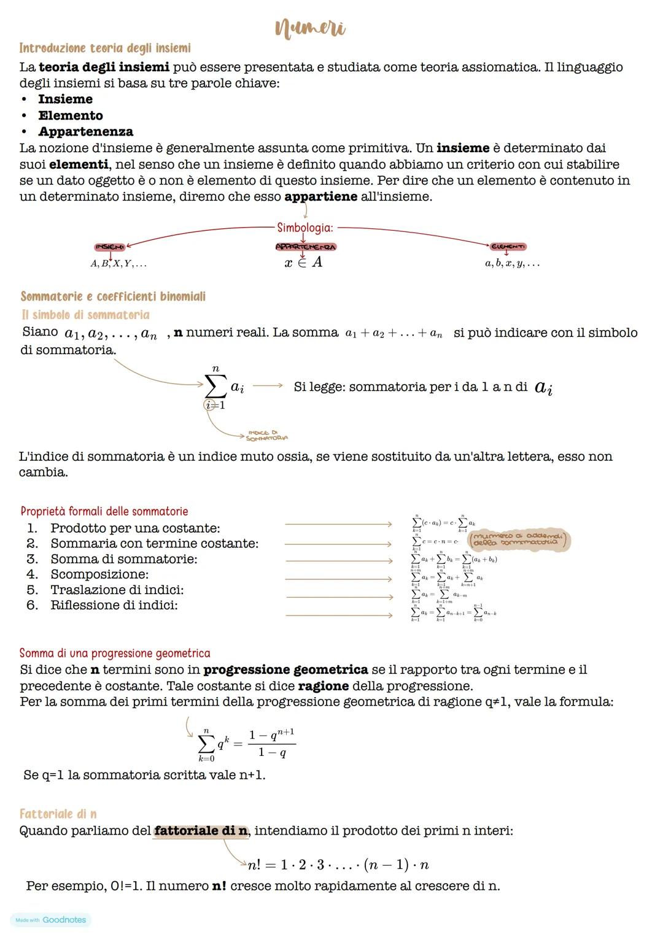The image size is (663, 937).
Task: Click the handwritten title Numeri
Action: tap(310, 28)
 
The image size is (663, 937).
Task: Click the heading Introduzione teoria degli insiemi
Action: tap(105, 48)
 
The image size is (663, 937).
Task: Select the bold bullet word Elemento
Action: tap(70, 115)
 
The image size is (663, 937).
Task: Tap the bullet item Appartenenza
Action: tap(85, 131)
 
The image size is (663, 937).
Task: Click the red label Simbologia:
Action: tap(305, 228)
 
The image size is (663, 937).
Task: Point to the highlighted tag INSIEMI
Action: tap(109, 247)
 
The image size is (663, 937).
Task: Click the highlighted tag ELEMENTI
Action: tap(508, 247)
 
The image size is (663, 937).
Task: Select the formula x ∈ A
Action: tap(303, 263)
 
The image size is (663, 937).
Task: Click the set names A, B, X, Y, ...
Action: tap(118, 264)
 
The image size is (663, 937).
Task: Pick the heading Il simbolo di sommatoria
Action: tap(85, 315)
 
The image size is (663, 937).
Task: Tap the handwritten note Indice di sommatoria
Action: tap(266, 436)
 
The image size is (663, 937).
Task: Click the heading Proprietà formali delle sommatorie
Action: tap(104, 511)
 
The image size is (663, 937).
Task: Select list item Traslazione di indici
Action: tap(117, 590)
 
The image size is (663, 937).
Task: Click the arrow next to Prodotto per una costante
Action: tap(338, 525)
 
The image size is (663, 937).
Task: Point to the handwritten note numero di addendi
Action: tap(519, 540)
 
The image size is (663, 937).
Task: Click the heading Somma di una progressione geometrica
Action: tap(115, 653)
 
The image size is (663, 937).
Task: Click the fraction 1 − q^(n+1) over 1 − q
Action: tap(271, 743)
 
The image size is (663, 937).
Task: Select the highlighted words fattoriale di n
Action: tap(201, 831)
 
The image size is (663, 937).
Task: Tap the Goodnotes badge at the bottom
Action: tap(51, 920)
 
